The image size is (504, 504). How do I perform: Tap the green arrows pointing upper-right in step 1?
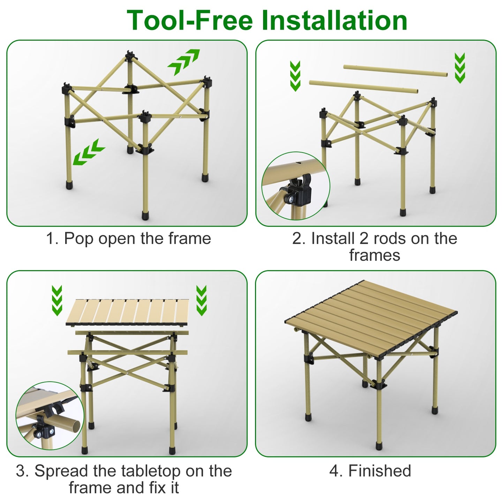183,62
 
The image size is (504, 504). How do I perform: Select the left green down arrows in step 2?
295,76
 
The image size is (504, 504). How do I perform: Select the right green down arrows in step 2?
460,68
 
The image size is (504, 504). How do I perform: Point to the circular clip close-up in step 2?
295,186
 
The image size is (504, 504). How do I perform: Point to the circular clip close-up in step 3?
50,415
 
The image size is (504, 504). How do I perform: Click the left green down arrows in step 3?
57,300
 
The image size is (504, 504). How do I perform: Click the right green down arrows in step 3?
201,300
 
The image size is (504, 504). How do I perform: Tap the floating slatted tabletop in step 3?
128,312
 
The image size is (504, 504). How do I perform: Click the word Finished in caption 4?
379,471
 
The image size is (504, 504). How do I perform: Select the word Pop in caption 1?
79,239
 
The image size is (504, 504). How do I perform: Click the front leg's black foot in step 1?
145,215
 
